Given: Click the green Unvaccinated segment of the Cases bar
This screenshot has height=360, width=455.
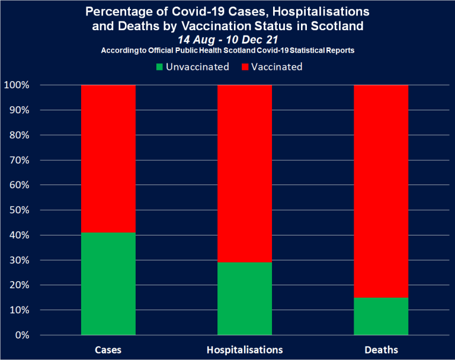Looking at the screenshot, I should point(108,283).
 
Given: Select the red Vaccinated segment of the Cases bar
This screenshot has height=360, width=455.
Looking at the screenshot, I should point(108,158).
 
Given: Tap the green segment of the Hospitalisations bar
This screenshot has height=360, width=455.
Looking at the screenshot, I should point(245,298).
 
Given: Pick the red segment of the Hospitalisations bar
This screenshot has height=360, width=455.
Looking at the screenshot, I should point(245,173).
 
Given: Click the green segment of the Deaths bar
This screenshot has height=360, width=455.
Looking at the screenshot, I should point(381,316).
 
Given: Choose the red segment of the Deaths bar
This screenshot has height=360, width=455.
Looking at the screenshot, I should point(381,191).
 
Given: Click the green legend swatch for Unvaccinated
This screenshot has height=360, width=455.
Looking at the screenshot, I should point(159,67).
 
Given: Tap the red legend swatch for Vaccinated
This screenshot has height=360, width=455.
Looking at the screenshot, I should point(245,67).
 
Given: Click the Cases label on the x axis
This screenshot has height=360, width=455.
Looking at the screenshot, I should point(108,349).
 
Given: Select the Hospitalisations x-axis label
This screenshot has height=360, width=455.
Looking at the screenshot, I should point(245,349).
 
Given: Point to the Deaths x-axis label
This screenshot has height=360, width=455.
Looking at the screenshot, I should point(381,349).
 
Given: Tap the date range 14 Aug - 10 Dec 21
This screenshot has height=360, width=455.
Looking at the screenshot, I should point(227,39).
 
